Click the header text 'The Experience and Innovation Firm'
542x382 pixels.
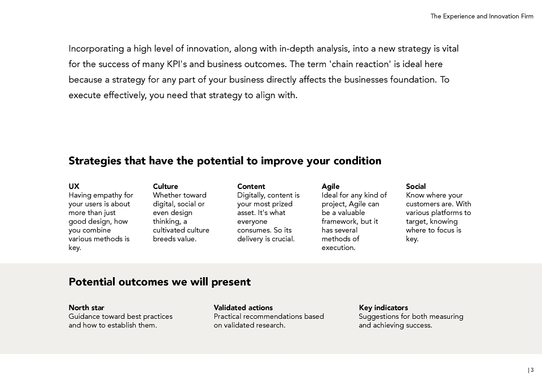482,16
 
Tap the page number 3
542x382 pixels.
532,370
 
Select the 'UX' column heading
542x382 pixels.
74,187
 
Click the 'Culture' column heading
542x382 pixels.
165,187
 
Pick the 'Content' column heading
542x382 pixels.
251,187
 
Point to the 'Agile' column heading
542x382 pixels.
330,187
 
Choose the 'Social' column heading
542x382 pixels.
416,187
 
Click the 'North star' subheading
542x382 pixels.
86,308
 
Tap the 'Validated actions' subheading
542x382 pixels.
243,308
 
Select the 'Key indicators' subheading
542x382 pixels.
383,308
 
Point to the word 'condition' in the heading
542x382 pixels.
357,161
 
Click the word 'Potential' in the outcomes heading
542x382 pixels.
92,282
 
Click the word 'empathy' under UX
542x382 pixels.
107,196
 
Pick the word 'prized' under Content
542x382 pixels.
282,204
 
